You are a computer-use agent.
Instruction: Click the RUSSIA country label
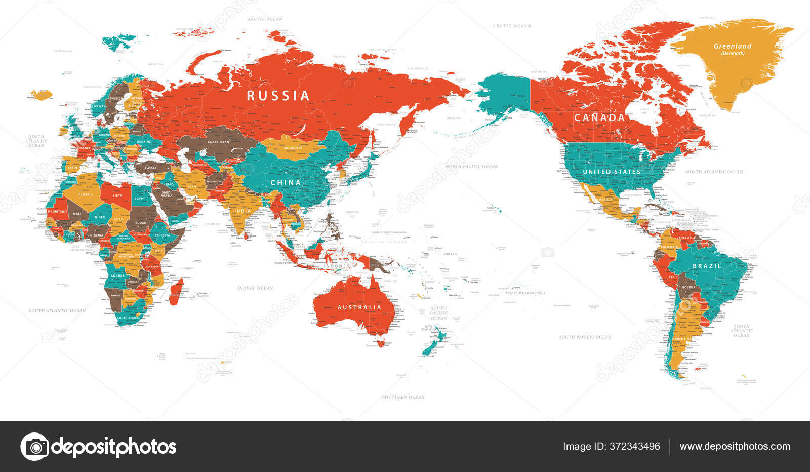[278, 96]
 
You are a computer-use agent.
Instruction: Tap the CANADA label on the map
[599, 117]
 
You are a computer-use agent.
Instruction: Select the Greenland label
[733, 46]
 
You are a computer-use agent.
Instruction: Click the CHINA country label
[286, 182]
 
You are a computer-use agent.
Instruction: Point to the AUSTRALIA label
[359, 307]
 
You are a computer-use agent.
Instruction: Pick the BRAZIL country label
[707, 266]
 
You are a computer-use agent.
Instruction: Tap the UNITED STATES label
[612, 172]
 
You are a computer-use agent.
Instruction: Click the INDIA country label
[242, 211]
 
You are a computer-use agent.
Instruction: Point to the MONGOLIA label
[293, 148]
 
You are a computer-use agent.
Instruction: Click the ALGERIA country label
[85, 194]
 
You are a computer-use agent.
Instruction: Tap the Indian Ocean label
[256, 288]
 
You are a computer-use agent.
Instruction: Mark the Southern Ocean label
[403, 397]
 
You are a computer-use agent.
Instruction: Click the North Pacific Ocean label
[472, 166]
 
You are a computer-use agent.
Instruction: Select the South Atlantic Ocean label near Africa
[57, 310]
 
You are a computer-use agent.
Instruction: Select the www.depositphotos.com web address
[735, 446]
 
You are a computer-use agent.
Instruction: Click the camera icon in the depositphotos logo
[35, 447]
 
